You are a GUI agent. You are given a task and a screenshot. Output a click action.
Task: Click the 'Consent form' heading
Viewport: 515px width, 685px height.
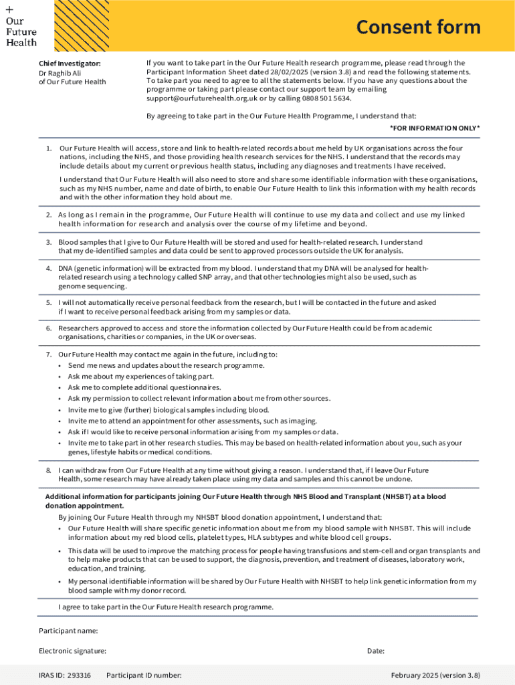click(418, 27)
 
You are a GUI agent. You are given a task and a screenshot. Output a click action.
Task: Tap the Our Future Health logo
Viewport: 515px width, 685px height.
click(21, 27)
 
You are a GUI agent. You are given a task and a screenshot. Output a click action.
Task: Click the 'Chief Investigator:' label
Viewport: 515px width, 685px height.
click(70, 64)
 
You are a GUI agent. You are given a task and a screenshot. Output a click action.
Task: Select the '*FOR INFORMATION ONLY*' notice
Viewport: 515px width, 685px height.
click(435, 128)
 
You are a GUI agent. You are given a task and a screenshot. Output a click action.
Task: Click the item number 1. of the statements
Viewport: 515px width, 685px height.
click(49, 148)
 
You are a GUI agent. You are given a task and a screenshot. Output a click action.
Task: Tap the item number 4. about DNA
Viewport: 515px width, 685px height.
click(49, 268)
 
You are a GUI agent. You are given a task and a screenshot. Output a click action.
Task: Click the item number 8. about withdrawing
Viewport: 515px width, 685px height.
click(49, 470)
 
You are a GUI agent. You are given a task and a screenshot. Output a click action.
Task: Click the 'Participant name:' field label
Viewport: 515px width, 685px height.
click(68, 631)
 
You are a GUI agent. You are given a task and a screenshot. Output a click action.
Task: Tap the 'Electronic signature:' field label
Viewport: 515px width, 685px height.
click(72, 651)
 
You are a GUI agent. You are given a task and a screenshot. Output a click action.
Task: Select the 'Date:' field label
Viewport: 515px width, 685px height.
click(376, 651)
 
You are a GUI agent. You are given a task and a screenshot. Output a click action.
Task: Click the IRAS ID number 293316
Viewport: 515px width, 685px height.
click(78, 675)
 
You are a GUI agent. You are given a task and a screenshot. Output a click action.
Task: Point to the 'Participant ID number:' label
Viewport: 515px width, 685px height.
click(144, 675)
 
